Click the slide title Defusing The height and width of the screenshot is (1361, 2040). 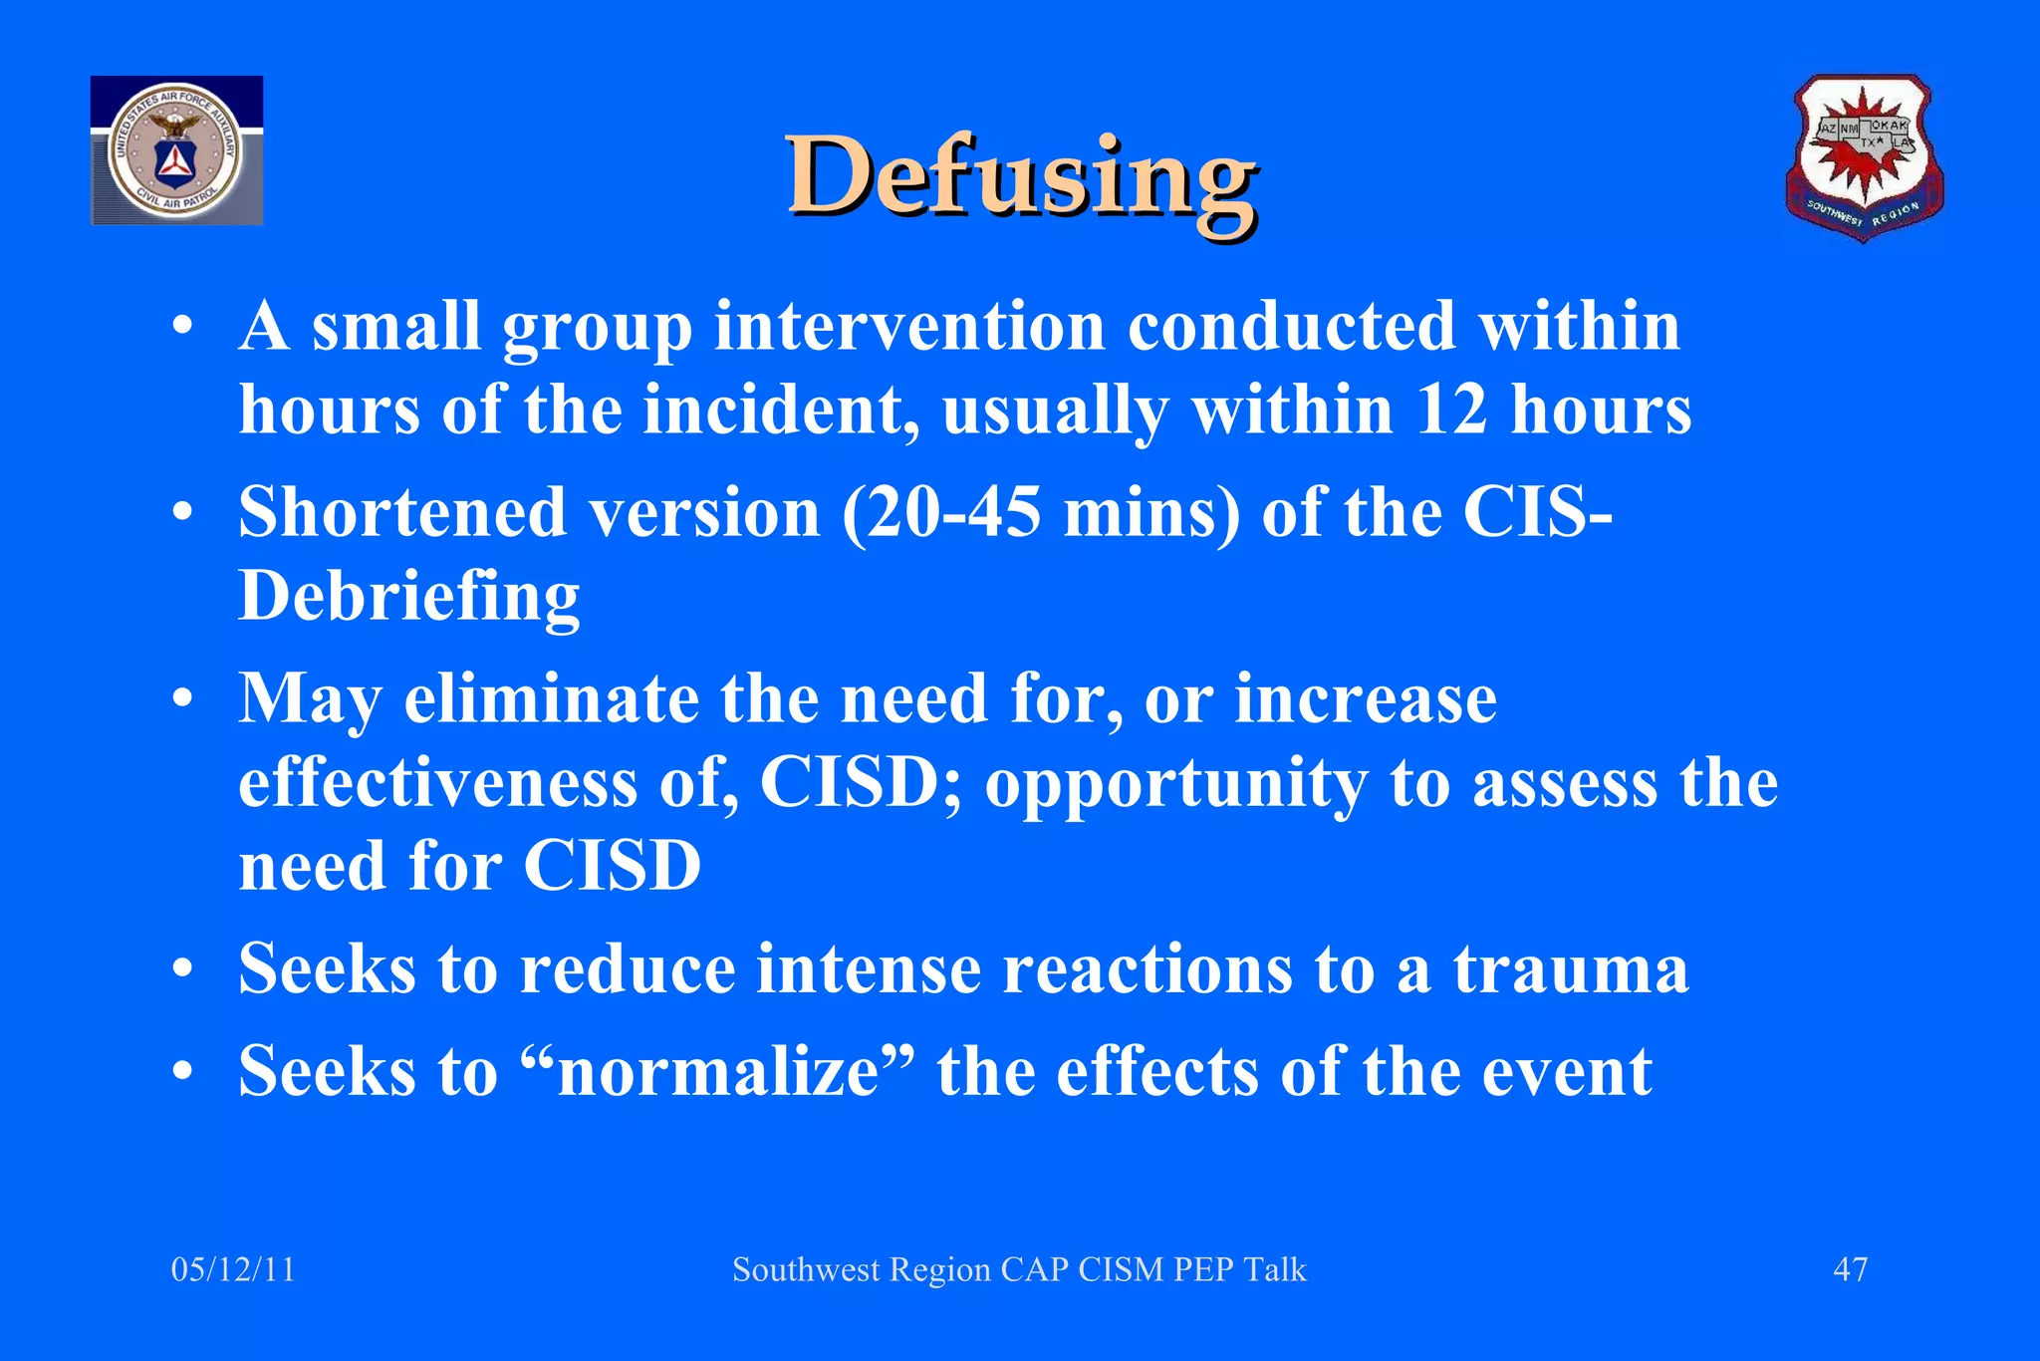point(1021,177)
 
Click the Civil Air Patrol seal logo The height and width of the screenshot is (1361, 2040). point(176,150)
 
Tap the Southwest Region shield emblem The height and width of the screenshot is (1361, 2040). point(1863,156)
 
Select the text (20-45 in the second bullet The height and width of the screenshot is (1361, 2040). point(941,513)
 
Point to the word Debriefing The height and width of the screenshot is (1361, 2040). point(408,597)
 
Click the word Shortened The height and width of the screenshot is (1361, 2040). point(402,513)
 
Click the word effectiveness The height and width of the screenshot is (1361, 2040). point(437,783)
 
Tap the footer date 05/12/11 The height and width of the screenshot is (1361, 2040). point(233,1269)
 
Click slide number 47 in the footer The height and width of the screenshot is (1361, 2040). point(1850,1269)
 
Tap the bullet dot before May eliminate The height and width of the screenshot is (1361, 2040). point(181,699)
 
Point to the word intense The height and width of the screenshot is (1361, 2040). point(868,969)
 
